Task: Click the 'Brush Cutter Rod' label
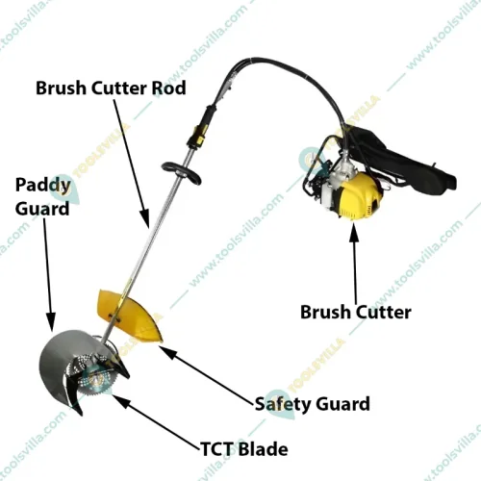tap(111, 88)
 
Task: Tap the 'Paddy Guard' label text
tap(42, 196)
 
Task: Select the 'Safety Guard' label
tap(313, 404)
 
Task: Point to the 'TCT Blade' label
tap(244, 449)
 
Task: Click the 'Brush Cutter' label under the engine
tap(356, 312)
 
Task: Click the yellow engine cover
tap(361, 195)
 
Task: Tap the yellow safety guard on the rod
tap(132, 316)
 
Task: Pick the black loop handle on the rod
tap(182, 173)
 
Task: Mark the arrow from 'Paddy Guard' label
tap(47, 274)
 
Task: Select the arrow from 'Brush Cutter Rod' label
tap(132, 164)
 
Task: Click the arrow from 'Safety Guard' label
tap(207, 375)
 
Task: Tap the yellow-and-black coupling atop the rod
tap(202, 128)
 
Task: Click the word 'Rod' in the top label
tap(169, 88)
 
